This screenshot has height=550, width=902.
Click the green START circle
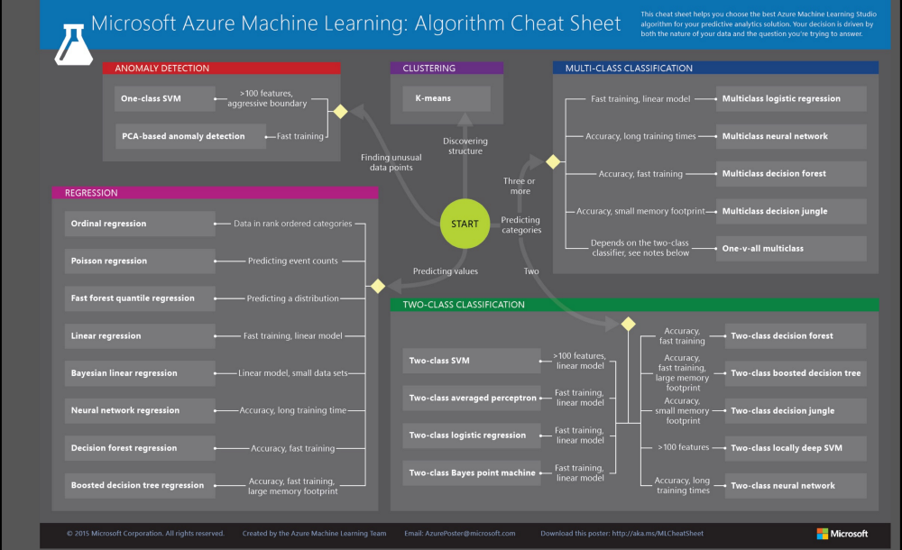pyautogui.click(x=465, y=224)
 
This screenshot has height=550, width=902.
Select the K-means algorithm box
pyautogui.click(x=446, y=98)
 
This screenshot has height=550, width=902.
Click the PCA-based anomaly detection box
pyautogui.click(x=183, y=136)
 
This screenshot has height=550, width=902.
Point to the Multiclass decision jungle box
pyautogui.click(x=790, y=211)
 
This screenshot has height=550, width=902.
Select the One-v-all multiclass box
pyautogui.click(x=790, y=248)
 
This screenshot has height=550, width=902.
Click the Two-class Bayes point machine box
pyautogui.click(x=470, y=472)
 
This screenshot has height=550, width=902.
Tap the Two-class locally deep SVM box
pyautogui.click(x=795, y=448)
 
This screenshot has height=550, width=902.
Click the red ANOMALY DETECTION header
pyautogui.click(x=221, y=68)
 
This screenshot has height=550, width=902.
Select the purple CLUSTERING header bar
pyautogui.click(x=446, y=68)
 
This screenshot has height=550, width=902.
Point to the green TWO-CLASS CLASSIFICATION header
pyautogui.click(x=634, y=305)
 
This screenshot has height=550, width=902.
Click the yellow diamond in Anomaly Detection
pyautogui.click(x=340, y=112)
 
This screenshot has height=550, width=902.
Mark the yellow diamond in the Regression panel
pyautogui.click(x=378, y=286)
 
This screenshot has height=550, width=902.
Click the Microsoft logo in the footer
pyautogui.click(x=842, y=534)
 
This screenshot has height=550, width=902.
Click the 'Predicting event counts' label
pyautogui.click(x=292, y=261)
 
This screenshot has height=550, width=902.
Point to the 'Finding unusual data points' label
pyautogui.click(x=391, y=162)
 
